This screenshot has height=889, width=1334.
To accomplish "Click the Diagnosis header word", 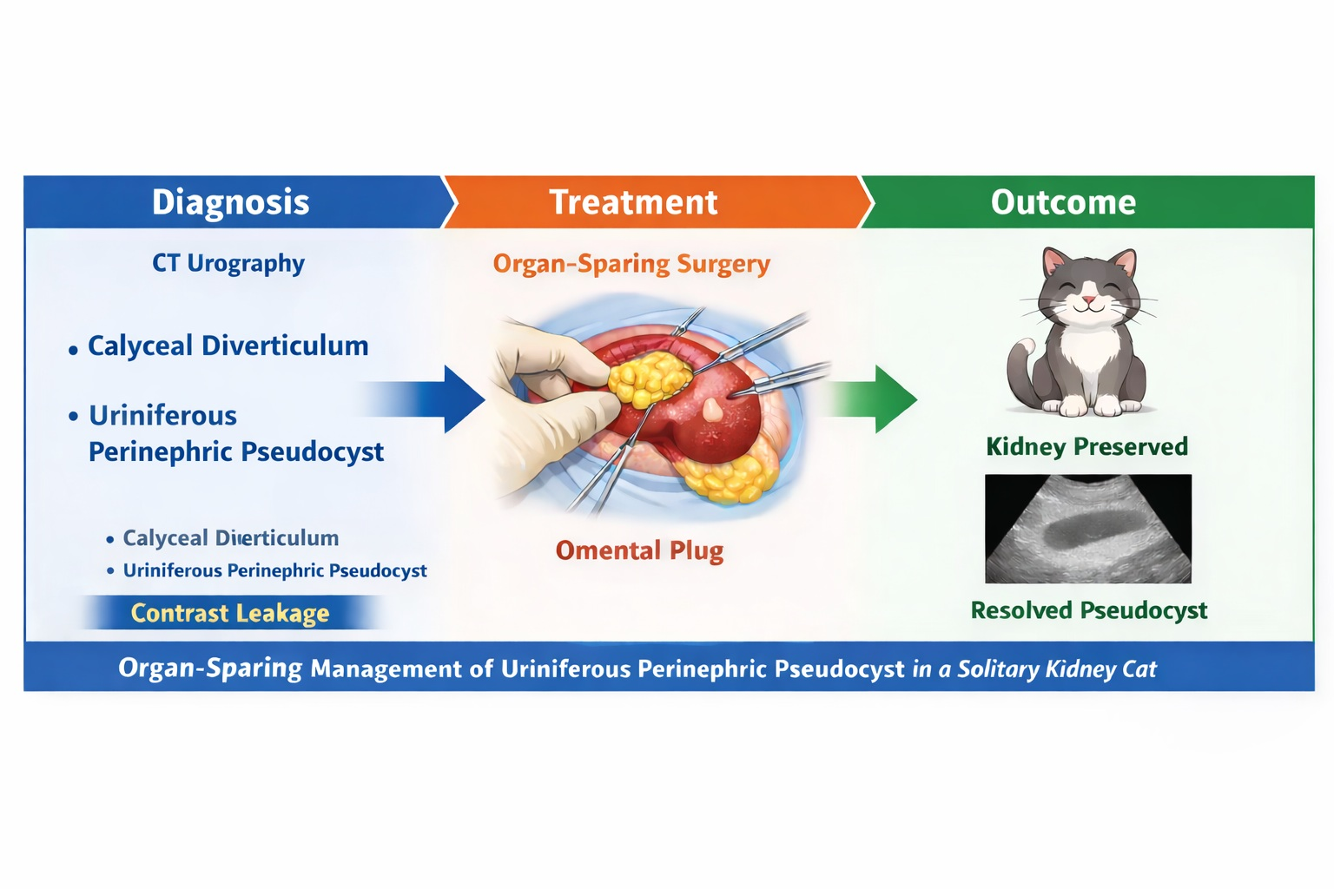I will tap(230, 202).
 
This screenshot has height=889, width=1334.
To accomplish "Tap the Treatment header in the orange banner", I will tap(633, 202).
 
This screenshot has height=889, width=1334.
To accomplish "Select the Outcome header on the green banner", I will tap(1063, 202).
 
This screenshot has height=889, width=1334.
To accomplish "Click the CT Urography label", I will tap(228, 263).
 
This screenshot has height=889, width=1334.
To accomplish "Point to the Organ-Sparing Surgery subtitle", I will tap(631, 264).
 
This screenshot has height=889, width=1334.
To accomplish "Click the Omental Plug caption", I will tap(639, 550).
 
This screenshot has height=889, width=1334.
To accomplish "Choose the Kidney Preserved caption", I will tap(1086, 446).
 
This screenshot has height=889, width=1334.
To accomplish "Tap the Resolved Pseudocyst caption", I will tap(1088, 610).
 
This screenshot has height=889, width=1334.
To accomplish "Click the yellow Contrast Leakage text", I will tap(230, 613).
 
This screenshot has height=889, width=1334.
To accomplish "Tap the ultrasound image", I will tap(1087, 528).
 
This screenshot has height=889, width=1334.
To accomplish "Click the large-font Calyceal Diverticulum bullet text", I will tap(228, 346).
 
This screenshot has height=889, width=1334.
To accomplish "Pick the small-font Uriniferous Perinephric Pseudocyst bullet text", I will tap(274, 570).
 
